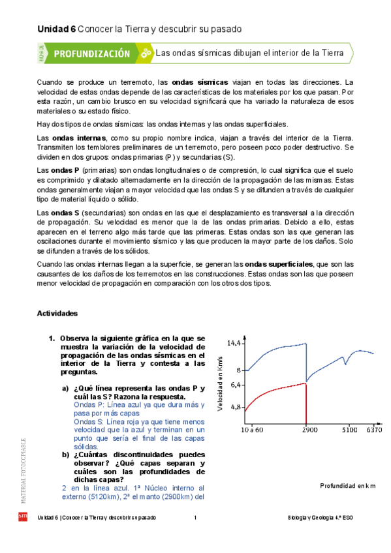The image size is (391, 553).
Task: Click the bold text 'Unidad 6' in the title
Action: click(x=56, y=29)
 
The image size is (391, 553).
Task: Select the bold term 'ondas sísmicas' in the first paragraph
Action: click(x=200, y=83)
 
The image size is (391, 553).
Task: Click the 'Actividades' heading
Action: click(x=57, y=313)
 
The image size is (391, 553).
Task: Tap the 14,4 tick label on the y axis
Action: click(x=234, y=342)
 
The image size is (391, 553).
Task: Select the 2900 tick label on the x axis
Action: click(x=310, y=430)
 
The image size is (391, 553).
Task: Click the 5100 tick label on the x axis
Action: click(x=349, y=430)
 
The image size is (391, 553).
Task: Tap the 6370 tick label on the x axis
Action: click(x=374, y=430)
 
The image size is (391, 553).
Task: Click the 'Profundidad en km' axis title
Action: click(x=349, y=486)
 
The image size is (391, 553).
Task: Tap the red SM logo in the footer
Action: click(x=23, y=518)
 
